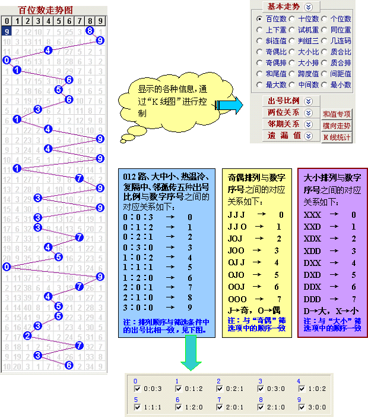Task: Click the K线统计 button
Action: [x=337, y=137]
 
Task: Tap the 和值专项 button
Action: [x=337, y=114]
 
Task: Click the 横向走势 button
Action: [x=337, y=126]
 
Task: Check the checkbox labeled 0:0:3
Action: [x=137, y=390]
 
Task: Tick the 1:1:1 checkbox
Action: [x=137, y=407]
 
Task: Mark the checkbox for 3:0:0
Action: [x=303, y=407]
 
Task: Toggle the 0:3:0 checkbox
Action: [x=262, y=390]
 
